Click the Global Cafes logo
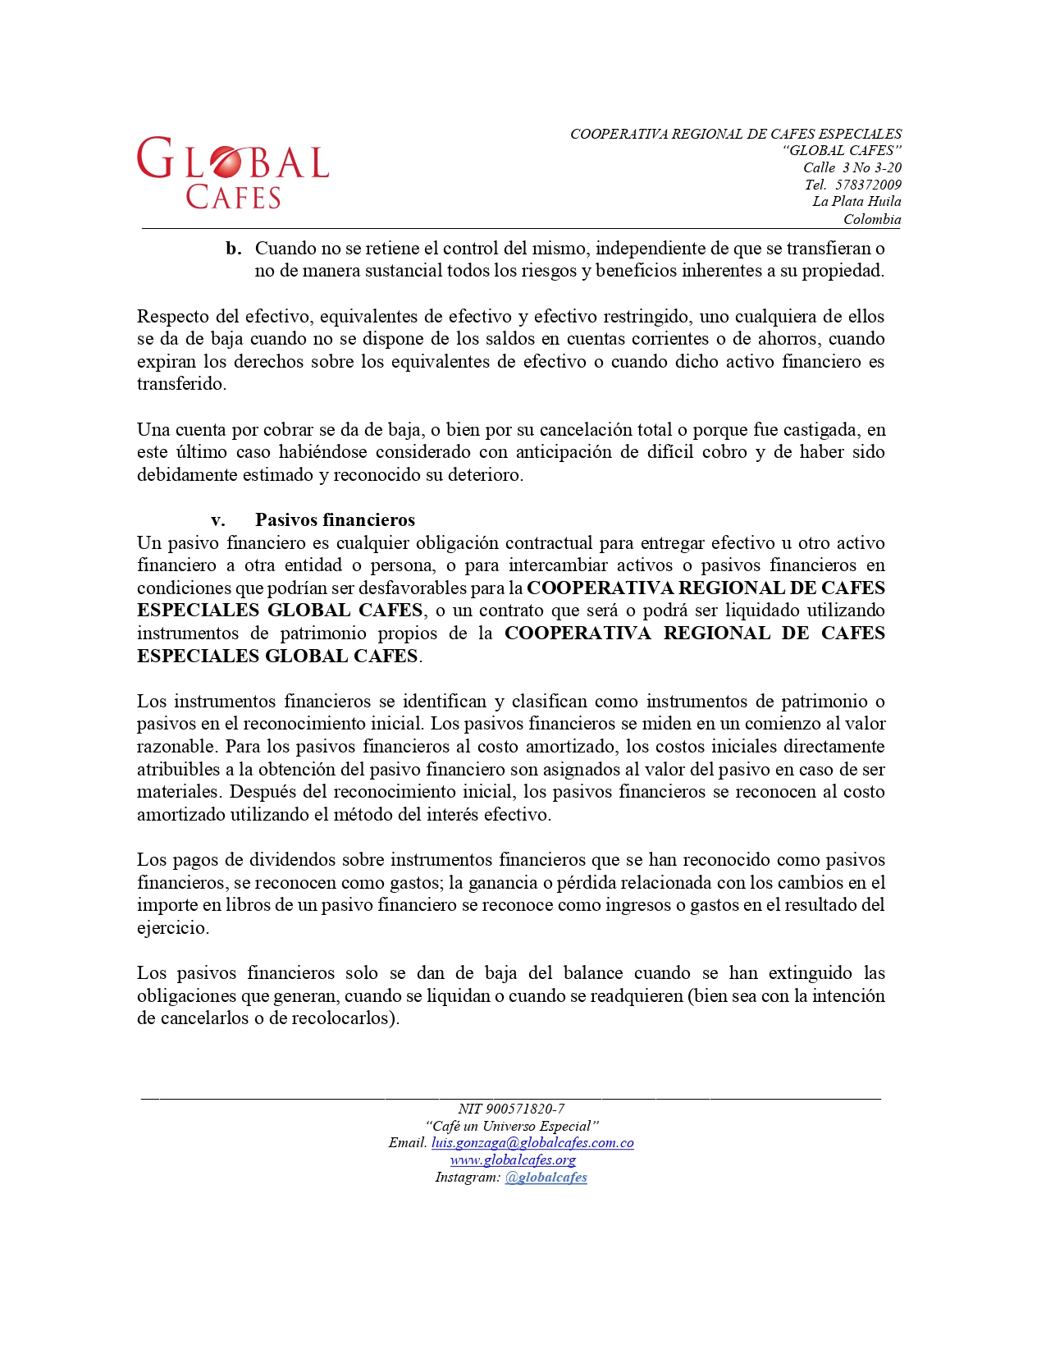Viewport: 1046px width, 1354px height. pyautogui.click(x=233, y=172)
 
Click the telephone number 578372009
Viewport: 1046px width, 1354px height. pyautogui.click(x=868, y=185)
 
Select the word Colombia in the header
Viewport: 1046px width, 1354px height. pyautogui.click(x=872, y=219)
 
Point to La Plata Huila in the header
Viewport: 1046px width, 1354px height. pyautogui.click(x=856, y=202)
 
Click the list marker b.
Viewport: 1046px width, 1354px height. pyautogui.click(x=234, y=249)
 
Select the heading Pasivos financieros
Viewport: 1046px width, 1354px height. pyautogui.click(x=335, y=520)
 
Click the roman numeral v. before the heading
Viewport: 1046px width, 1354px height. pyautogui.click(x=218, y=520)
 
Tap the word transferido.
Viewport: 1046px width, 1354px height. pyautogui.click(x=180, y=384)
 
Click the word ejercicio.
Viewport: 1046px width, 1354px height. pyautogui.click(x=171, y=928)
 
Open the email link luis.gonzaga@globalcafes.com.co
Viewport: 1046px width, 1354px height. pyautogui.click(x=532, y=1143)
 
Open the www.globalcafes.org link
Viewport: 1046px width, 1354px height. pyautogui.click(x=513, y=1160)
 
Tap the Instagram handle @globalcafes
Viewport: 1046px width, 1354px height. pyautogui.click(x=546, y=1178)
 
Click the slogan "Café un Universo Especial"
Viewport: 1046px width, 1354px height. pyautogui.click(x=512, y=1126)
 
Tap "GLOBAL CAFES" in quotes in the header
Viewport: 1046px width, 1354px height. pyautogui.click(x=842, y=151)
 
